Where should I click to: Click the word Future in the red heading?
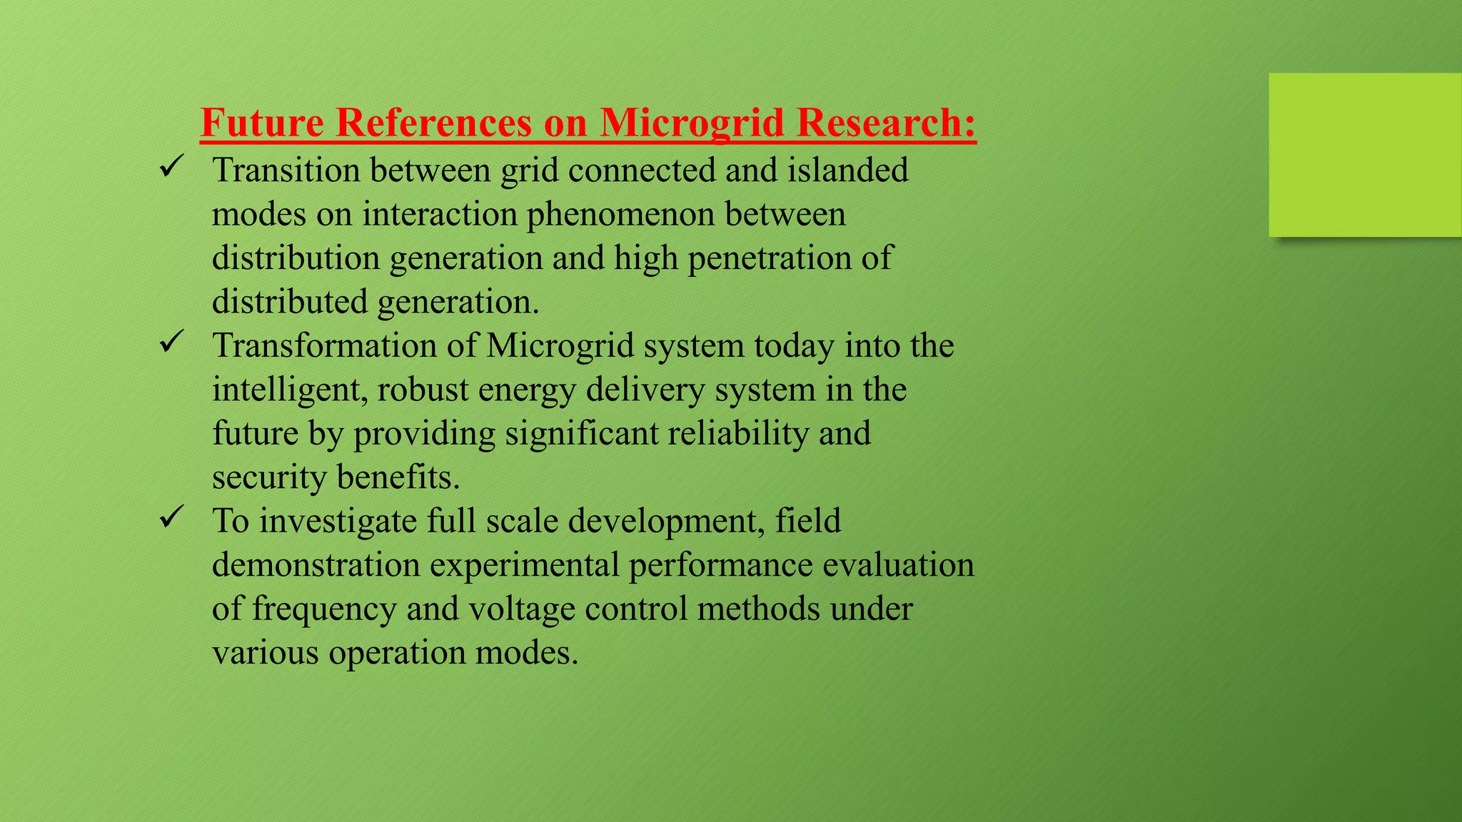tap(262, 122)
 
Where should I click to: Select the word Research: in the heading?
tap(886, 122)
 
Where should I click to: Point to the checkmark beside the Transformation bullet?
tap(171, 342)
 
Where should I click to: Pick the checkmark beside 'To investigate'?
tap(171, 517)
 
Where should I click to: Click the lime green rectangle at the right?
tap(1365, 155)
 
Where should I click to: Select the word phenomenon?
tap(620, 215)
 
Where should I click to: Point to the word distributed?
tap(290, 302)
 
